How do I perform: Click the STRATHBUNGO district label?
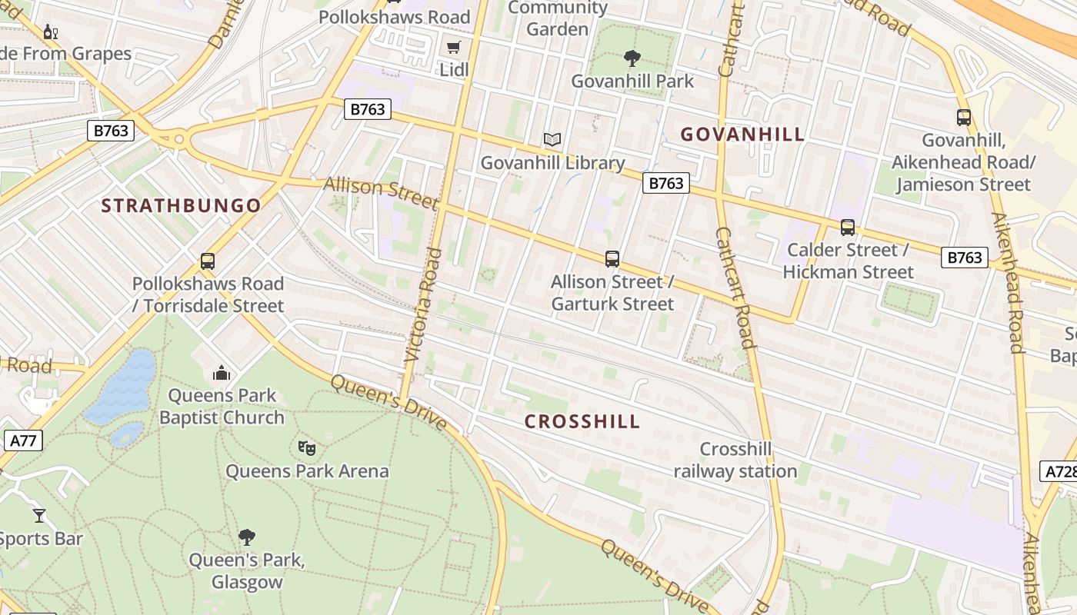(182, 206)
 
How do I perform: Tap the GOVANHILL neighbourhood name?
(742, 135)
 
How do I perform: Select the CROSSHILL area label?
(582, 421)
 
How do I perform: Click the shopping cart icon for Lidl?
(454, 48)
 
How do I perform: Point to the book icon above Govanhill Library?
(552, 140)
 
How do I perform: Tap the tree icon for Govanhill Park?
(632, 58)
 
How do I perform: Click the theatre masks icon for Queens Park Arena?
(307, 447)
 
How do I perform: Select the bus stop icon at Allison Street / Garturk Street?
(612, 259)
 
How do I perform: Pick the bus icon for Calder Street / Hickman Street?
(848, 228)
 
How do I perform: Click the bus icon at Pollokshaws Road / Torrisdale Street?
(208, 261)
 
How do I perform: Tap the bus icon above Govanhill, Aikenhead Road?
(964, 118)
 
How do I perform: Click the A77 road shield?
(23, 440)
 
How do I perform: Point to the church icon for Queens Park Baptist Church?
(222, 374)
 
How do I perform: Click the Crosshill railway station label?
(735, 460)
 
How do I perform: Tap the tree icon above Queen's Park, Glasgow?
(247, 537)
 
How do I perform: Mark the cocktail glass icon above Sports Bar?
(39, 515)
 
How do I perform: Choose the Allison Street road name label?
(381, 192)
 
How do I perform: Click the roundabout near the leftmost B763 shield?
(179, 140)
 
